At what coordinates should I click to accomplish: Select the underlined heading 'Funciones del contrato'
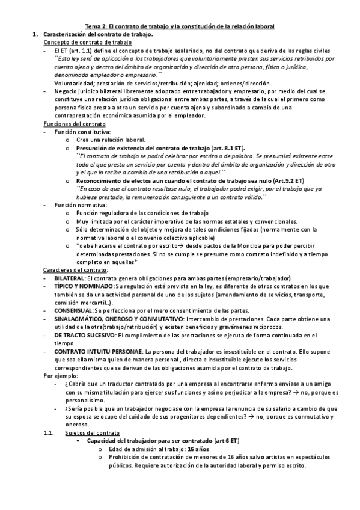coord(75,123)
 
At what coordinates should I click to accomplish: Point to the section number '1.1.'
coord(50,433)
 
